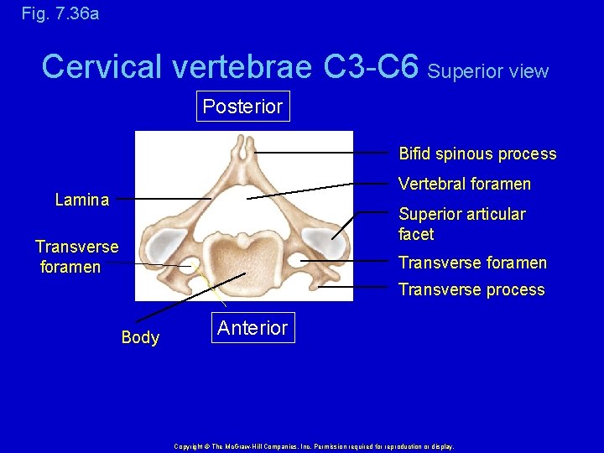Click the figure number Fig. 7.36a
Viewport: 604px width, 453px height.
(49, 13)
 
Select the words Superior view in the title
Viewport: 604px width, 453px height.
(487, 71)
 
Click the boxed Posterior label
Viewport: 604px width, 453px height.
(242, 107)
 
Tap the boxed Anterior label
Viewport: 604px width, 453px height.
(252, 328)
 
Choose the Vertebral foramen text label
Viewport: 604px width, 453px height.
(464, 184)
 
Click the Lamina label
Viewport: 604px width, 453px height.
(81, 200)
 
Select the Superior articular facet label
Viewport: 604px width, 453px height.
(461, 224)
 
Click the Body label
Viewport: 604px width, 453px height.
(140, 337)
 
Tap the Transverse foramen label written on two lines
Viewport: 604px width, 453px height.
(76, 257)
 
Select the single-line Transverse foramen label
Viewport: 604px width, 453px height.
(471, 263)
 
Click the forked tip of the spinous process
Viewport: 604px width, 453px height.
(243, 148)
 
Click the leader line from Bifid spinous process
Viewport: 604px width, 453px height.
(323, 153)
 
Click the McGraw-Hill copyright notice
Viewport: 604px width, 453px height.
(313, 446)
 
